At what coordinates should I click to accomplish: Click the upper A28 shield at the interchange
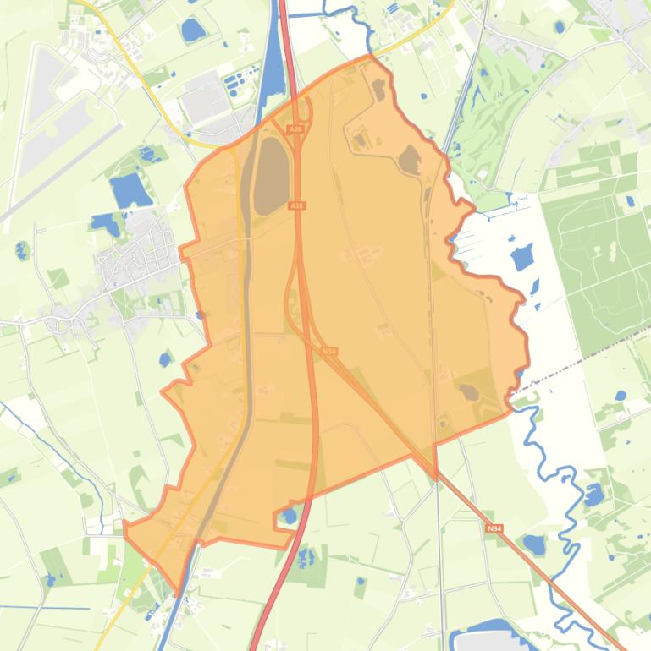click(295, 129)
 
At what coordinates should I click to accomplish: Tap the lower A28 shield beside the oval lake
click(296, 205)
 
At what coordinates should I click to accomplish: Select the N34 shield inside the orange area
click(329, 351)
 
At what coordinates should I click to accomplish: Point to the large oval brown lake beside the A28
click(271, 175)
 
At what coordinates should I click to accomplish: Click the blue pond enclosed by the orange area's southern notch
click(290, 515)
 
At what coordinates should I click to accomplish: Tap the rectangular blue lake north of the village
click(130, 190)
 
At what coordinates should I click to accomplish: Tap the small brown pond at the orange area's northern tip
click(378, 88)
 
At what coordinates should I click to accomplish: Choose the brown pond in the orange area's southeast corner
click(468, 391)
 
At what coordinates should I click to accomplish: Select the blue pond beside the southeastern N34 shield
click(534, 545)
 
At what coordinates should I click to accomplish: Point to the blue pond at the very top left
click(193, 30)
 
